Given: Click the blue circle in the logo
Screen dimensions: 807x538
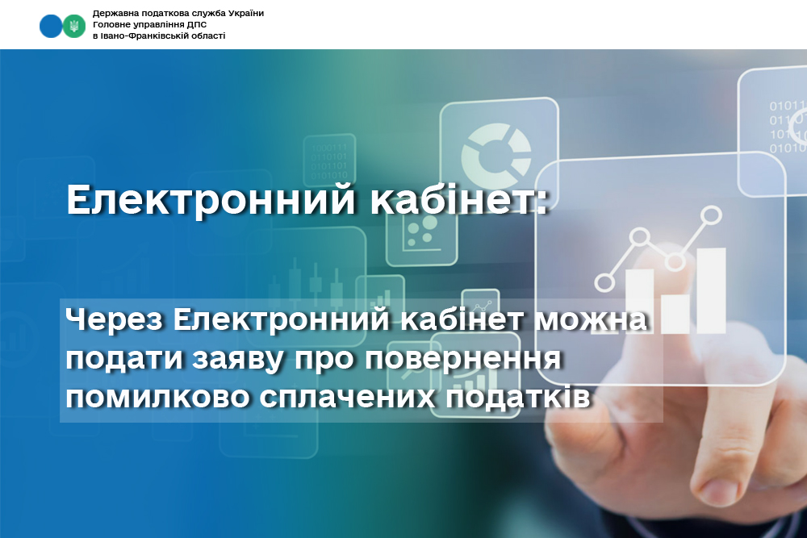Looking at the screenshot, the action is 51,27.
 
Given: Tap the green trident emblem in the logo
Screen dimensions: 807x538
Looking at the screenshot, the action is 74,27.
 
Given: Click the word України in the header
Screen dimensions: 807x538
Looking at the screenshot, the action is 245,14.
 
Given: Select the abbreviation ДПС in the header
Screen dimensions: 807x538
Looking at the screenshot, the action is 198,25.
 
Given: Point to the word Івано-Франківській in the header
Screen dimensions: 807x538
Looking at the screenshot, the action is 143,36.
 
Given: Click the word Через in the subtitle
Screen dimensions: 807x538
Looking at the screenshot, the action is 115,320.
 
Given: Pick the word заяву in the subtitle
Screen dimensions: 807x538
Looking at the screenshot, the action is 238,359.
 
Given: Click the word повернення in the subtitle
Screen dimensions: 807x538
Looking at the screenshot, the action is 462,358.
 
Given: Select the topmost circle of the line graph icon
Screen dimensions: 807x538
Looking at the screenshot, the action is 712,215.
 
